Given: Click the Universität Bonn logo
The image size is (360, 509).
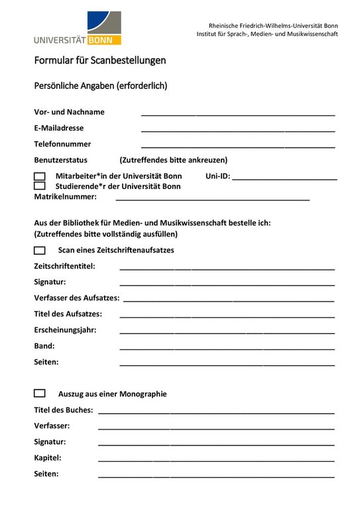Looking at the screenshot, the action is click(x=78, y=28).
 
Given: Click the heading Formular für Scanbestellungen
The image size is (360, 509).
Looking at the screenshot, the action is click(x=100, y=60).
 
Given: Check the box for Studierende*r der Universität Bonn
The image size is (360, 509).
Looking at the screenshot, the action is click(x=40, y=186).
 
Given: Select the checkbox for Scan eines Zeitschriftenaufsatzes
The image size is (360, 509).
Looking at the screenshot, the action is click(x=40, y=251).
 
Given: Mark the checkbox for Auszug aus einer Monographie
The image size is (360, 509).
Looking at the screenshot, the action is click(x=40, y=394).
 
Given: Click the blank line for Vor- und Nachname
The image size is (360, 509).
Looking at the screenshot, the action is click(x=237, y=114).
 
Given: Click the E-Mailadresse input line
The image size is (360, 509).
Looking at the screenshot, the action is click(x=237, y=130).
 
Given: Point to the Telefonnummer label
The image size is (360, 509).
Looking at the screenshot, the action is click(x=62, y=144).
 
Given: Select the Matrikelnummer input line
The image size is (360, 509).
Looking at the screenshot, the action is click(x=212, y=198).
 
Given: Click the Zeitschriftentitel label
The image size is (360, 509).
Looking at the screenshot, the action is click(x=64, y=266).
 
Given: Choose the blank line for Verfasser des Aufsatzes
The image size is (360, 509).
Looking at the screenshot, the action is click(x=229, y=300).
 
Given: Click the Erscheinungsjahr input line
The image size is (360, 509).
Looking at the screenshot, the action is click(x=227, y=332).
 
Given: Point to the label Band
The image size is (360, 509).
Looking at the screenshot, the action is click(x=44, y=346).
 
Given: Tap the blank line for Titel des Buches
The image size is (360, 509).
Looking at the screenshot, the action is click(x=216, y=412).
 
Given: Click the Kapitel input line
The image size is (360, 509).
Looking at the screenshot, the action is click(x=216, y=460).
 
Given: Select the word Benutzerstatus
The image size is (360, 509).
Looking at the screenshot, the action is click(x=60, y=160).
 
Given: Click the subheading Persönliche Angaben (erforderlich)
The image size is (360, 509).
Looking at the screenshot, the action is click(x=100, y=85).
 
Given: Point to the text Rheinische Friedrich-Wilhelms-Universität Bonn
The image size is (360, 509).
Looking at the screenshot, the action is click(x=273, y=25).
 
